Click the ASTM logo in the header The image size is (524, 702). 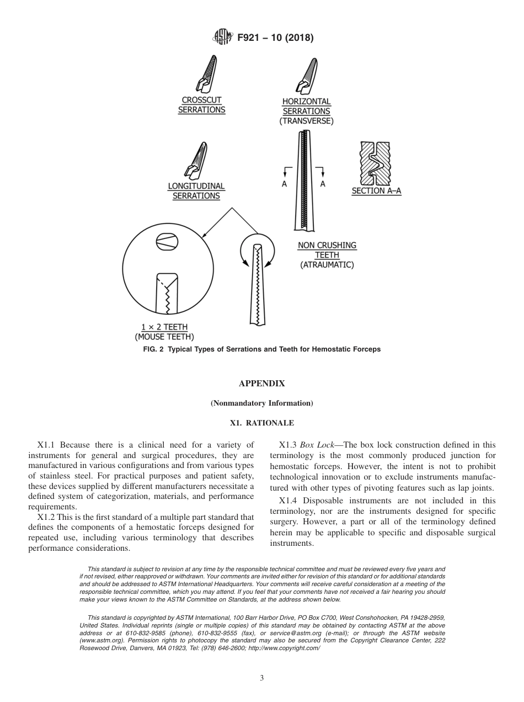coord(222,38)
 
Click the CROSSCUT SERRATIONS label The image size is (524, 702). coord(201,105)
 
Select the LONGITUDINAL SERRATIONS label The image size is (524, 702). coord(196,191)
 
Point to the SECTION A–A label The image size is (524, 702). coord(377,191)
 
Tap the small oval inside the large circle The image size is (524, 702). coord(167,241)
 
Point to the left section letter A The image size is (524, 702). coord(285,184)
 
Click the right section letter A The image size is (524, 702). coord(323,184)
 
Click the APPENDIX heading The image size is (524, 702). coord(261,384)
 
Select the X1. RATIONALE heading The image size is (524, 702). coord(261,423)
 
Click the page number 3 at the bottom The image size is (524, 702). coord(262,678)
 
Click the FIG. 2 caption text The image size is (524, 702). coord(261,349)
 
